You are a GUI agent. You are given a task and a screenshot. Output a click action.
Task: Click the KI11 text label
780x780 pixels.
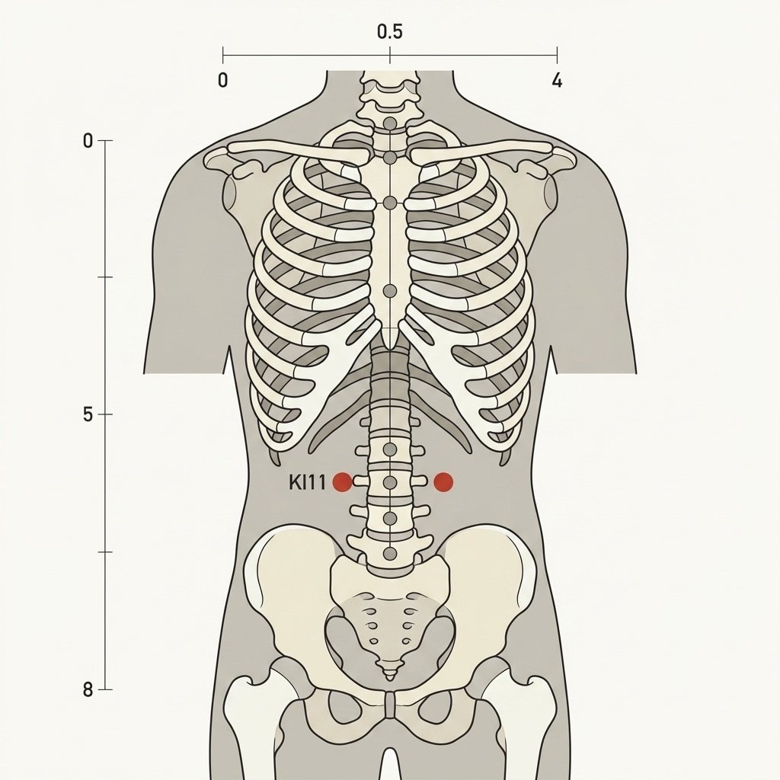308,482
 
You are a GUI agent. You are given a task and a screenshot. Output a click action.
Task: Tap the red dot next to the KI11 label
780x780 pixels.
342,482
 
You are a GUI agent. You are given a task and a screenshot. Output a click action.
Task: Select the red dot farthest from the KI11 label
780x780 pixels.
443,482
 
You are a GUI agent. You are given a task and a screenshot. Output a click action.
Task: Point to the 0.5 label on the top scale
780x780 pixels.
389,32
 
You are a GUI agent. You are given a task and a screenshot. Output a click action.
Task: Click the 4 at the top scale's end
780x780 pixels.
557,80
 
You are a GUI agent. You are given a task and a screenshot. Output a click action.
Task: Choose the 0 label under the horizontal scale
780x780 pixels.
223,80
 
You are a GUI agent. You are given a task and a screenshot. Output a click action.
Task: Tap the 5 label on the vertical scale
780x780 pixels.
88,414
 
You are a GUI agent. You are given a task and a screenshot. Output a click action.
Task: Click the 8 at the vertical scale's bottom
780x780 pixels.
88,690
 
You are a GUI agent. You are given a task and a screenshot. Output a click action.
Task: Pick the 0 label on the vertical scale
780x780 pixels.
88,141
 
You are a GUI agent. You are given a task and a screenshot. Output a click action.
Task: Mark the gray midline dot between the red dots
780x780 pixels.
390,482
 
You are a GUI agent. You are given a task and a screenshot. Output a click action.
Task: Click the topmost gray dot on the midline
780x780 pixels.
390,123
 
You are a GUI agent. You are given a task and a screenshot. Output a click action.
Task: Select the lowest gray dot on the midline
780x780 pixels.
390,553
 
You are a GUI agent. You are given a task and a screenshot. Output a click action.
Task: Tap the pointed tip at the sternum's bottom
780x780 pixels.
391,347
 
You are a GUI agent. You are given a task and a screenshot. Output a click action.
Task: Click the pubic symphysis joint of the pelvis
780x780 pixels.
391,705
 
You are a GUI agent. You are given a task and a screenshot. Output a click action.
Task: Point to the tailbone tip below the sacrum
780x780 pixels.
390,679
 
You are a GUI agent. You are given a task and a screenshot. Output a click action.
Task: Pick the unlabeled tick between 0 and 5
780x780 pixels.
105,277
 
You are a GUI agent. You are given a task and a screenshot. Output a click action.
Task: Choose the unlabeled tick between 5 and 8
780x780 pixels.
105,551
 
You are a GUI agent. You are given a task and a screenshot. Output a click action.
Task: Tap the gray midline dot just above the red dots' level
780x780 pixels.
390,449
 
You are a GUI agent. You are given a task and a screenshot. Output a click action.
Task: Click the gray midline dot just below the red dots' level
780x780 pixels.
390,518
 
